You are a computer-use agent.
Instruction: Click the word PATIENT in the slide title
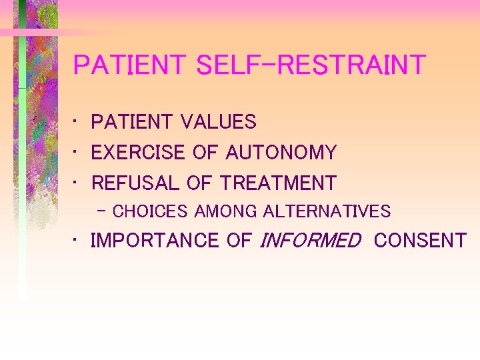[x=130, y=65]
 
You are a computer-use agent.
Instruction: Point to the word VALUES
[x=218, y=122]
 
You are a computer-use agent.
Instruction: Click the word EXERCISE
[x=138, y=153]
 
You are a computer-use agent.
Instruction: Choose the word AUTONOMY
[x=281, y=153]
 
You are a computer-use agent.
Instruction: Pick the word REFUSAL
[x=132, y=183]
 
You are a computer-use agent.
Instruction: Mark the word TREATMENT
[x=278, y=183]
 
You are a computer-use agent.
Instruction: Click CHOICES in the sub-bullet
[x=150, y=212]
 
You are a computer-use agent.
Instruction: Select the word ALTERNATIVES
[x=327, y=212]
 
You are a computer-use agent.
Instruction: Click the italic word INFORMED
[x=309, y=241]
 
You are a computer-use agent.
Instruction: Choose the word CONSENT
[x=420, y=241]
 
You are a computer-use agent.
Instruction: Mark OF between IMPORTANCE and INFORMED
[x=239, y=241]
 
